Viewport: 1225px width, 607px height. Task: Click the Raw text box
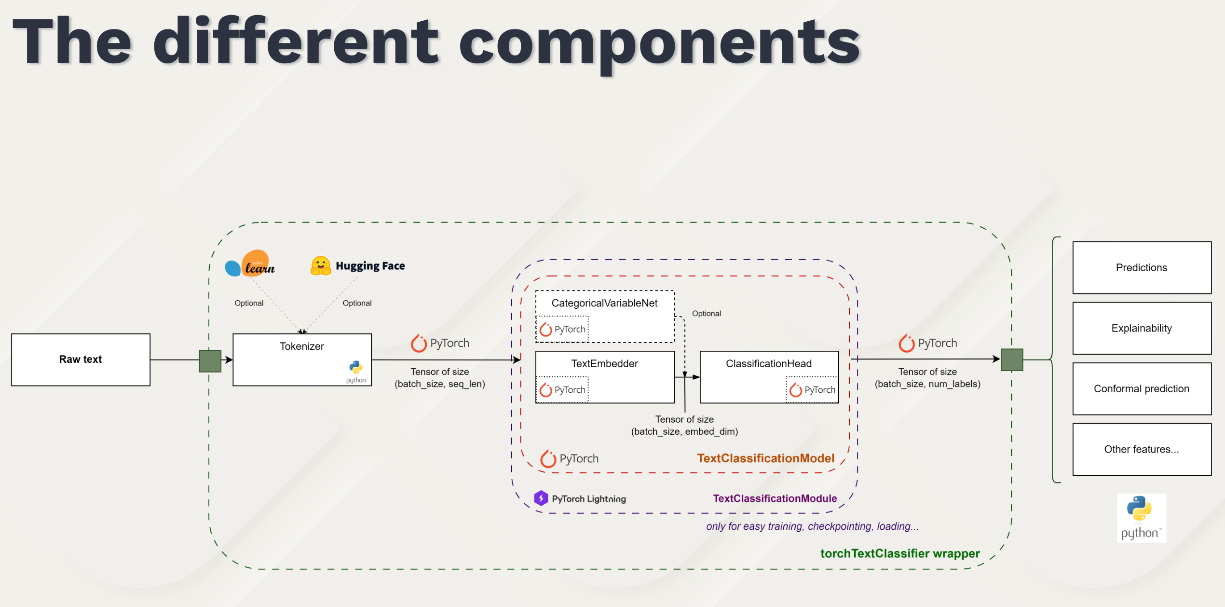[81, 359]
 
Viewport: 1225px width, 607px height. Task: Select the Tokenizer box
[302, 359]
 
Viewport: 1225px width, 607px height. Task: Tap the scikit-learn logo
[250, 264]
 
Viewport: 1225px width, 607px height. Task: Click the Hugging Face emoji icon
[321, 266]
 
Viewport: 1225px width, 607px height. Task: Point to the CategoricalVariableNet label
[604, 303]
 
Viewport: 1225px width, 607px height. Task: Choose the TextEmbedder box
[605, 376]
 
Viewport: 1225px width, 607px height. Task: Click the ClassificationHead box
[769, 376]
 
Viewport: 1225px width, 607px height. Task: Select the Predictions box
[1142, 268]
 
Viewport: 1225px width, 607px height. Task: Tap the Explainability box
[1142, 328]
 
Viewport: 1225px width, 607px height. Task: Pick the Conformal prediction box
[1142, 389]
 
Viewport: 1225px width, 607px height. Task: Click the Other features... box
[1142, 449]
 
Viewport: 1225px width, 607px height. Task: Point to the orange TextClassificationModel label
[765, 458]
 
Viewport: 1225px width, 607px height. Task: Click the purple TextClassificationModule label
[775, 498]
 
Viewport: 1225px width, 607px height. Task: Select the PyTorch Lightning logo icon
[541, 498]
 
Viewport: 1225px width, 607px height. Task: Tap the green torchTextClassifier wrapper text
[900, 553]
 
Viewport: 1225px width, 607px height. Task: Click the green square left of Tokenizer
[210, 361]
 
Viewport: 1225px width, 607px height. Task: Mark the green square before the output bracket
[1012, 360]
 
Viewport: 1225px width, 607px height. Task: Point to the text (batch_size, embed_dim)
[684, 431]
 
